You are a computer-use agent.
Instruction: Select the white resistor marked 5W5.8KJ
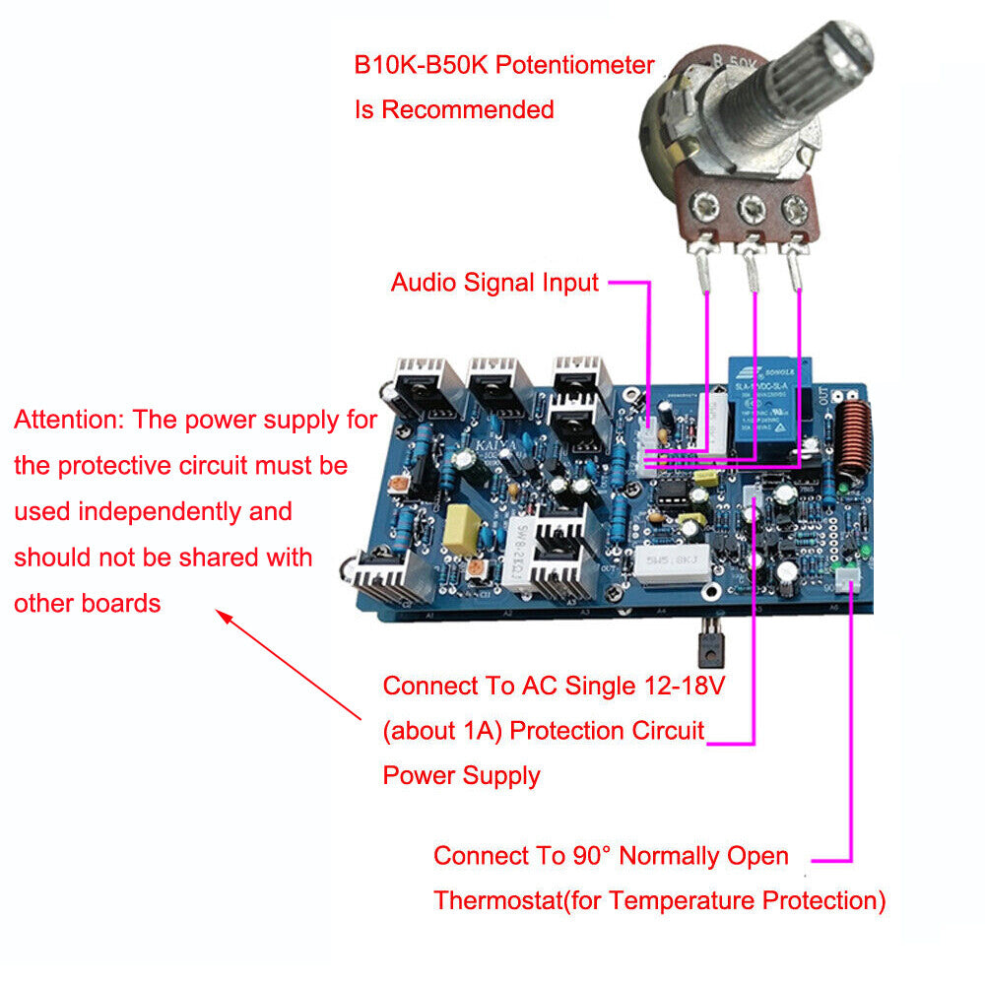pos(671,566)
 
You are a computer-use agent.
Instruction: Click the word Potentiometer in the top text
pos(574,66)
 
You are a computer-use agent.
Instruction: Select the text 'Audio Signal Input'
pos(494,283)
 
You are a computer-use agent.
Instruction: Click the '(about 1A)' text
pos(442,731)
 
